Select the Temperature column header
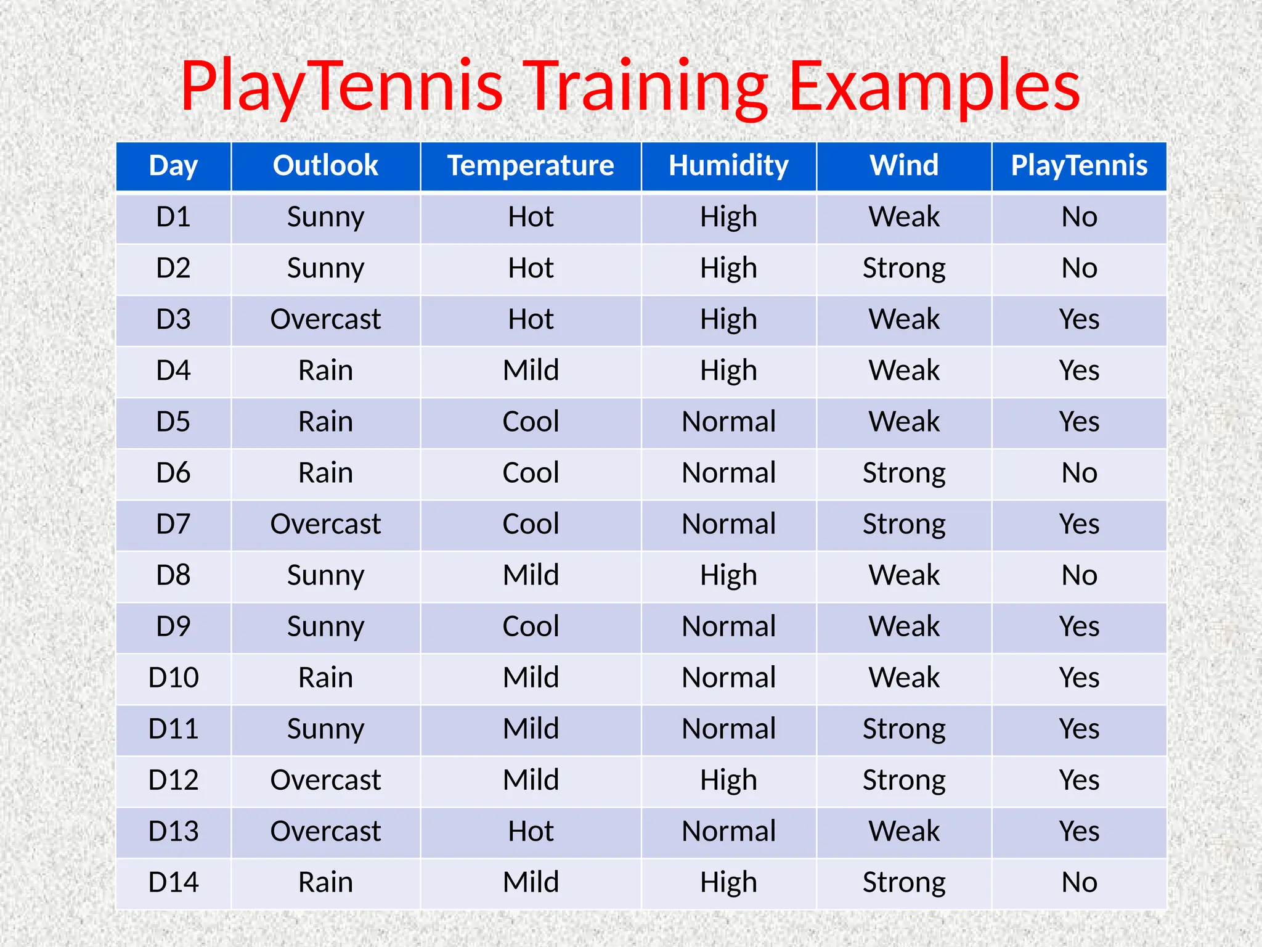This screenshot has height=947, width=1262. pos(531,166)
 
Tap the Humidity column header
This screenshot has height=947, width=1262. pos(728,166)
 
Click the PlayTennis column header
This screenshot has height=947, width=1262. pos(1079,166)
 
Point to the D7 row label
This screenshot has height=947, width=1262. pos(173,524)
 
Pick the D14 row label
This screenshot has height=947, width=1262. pos(173,882)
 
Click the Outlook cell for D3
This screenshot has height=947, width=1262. pos(325,319)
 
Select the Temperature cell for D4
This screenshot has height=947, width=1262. pos(531,371)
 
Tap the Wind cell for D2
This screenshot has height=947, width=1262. pos(904,268)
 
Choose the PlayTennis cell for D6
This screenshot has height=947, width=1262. pos(1079,473)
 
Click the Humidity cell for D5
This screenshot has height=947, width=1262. pos(728,422)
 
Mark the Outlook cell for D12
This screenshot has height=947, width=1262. pos(325,780)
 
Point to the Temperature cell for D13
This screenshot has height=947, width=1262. pos(531,831)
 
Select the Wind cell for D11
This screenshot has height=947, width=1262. pos(904,729)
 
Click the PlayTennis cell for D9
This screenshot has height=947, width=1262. pos(1079,626)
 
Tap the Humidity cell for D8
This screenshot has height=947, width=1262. pos(728,575)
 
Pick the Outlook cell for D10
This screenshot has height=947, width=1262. pos(325,678)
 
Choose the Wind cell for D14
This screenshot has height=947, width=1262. pos(904,882)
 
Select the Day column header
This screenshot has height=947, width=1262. pos(173,166)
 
